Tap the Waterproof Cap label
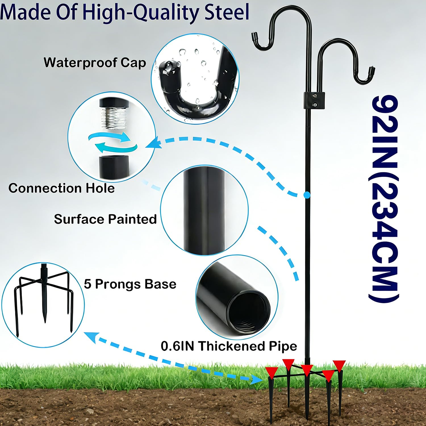pos(95,63)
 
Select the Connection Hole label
pos(62,188)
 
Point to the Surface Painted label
pos(105,219)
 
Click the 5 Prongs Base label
pos(130,284)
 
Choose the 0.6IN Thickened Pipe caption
pos(229,346)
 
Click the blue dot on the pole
pos(307,195)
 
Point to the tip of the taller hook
pos(254,36)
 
